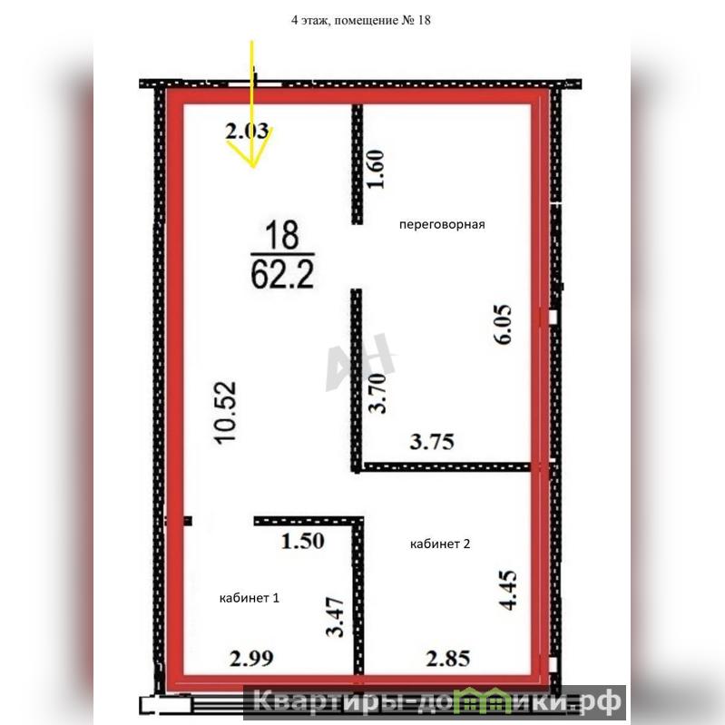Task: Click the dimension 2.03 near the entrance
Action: [248, 131]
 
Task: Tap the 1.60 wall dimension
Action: [376, 169]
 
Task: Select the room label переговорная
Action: [442, 225]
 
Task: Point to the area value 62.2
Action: [282, 274]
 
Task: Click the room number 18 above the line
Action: [282, 235]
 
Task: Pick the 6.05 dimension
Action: [503, 324]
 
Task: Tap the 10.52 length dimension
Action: [226, 413]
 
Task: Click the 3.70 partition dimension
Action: [377, 393]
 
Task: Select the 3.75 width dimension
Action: [432, 442]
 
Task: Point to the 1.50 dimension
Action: [303, 541]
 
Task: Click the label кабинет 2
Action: [440, 544]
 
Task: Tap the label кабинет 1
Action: [250, 598]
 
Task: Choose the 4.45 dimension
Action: [508, 591]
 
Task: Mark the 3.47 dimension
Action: [335, 617]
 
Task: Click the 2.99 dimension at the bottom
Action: [251, 659]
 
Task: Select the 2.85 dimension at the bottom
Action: [447, 659]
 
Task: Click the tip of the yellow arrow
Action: [253, 167]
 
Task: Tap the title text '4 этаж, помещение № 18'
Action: [360, 20]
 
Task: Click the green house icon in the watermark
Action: [485, 700]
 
